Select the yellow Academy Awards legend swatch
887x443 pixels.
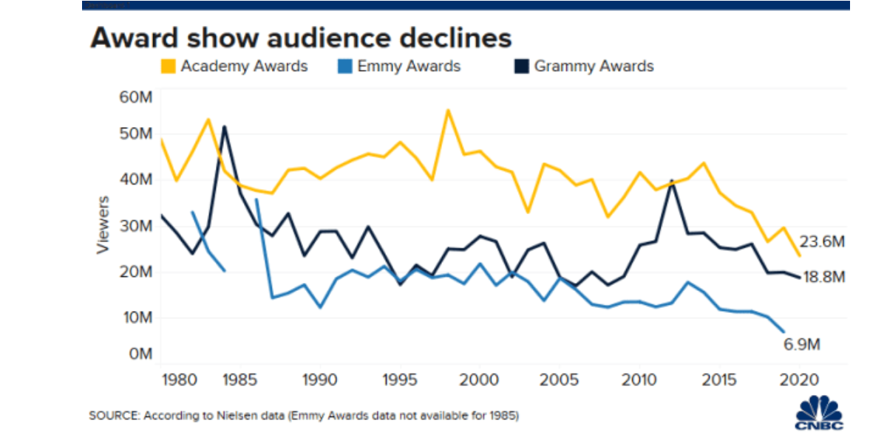point(169,66)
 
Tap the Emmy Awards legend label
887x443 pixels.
point(409,66)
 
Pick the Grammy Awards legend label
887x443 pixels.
point(594,66)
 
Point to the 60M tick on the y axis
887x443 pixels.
point(135,97)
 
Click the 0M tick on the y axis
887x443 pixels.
point(138,354)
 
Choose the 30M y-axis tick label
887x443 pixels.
point(135,226)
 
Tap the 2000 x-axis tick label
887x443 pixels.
point(480,380)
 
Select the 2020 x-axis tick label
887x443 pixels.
point(798,380)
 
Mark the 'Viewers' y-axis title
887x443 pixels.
point(103,224)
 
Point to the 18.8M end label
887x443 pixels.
point(824,278)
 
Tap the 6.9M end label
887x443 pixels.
point(802,344)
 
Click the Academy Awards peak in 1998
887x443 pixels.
point(448,111)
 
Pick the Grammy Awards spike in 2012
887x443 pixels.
point(671,180)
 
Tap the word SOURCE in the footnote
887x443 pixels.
point(111,416)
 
